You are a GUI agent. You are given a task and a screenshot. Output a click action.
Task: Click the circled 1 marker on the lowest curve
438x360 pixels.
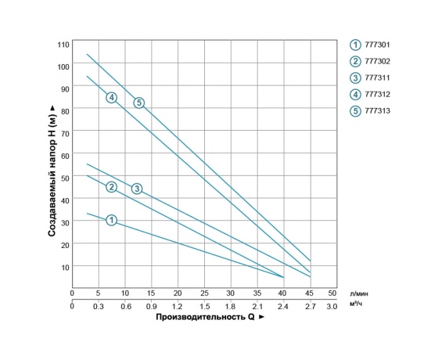111,221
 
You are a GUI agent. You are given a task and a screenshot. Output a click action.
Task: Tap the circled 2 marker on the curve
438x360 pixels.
111,186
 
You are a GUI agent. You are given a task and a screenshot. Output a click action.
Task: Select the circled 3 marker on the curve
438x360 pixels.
137,188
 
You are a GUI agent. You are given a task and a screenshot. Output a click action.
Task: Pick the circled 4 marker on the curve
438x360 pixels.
112,97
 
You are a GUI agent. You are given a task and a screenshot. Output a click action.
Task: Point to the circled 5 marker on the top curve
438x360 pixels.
138,103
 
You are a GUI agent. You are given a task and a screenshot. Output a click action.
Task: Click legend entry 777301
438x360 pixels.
371,45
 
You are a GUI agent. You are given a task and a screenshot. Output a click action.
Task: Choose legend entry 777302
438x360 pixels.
371,61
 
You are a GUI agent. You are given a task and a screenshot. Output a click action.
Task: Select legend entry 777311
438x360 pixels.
371,77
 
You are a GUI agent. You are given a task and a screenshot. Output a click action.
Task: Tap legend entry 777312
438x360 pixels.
371,94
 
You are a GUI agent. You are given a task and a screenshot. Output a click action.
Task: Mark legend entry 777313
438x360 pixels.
371,110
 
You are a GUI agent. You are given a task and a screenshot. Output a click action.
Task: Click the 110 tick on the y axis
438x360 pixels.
63,43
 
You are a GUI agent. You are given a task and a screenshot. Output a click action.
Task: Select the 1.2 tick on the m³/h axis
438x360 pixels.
178,306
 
